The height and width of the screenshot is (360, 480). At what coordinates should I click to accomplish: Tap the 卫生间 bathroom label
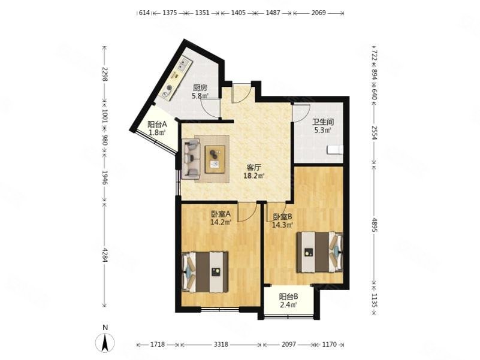(x=323, y=122)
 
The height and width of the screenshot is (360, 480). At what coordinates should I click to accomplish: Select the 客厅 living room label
(x=253, y=168)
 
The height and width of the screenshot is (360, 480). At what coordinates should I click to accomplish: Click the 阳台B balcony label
(x=289, y=297)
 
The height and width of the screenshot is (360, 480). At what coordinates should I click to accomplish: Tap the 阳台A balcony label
(x=157, y=125)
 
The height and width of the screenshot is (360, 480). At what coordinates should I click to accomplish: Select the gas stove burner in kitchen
(x=168, y=89)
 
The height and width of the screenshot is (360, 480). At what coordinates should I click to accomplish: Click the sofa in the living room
(x=191, y=159)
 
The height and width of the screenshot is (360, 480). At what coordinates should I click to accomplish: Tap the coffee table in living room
(x=215, y=159)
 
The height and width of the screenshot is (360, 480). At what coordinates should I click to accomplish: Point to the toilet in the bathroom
(x=335, y=150)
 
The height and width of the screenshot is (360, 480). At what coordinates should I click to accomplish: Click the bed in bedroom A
(x=205, y=272)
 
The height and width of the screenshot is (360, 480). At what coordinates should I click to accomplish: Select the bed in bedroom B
(x=319, y=252)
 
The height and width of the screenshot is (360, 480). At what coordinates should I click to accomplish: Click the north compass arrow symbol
(x=105, y=342)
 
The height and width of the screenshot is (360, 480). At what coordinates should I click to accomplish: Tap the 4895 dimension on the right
(x=374, y=225)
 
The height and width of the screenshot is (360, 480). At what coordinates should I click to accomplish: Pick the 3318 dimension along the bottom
(x=221, y=344)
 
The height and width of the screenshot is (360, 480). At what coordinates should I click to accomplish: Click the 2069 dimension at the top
(x=319, y=13)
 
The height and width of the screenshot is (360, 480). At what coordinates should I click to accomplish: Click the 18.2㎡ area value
(x=253, y=176)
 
